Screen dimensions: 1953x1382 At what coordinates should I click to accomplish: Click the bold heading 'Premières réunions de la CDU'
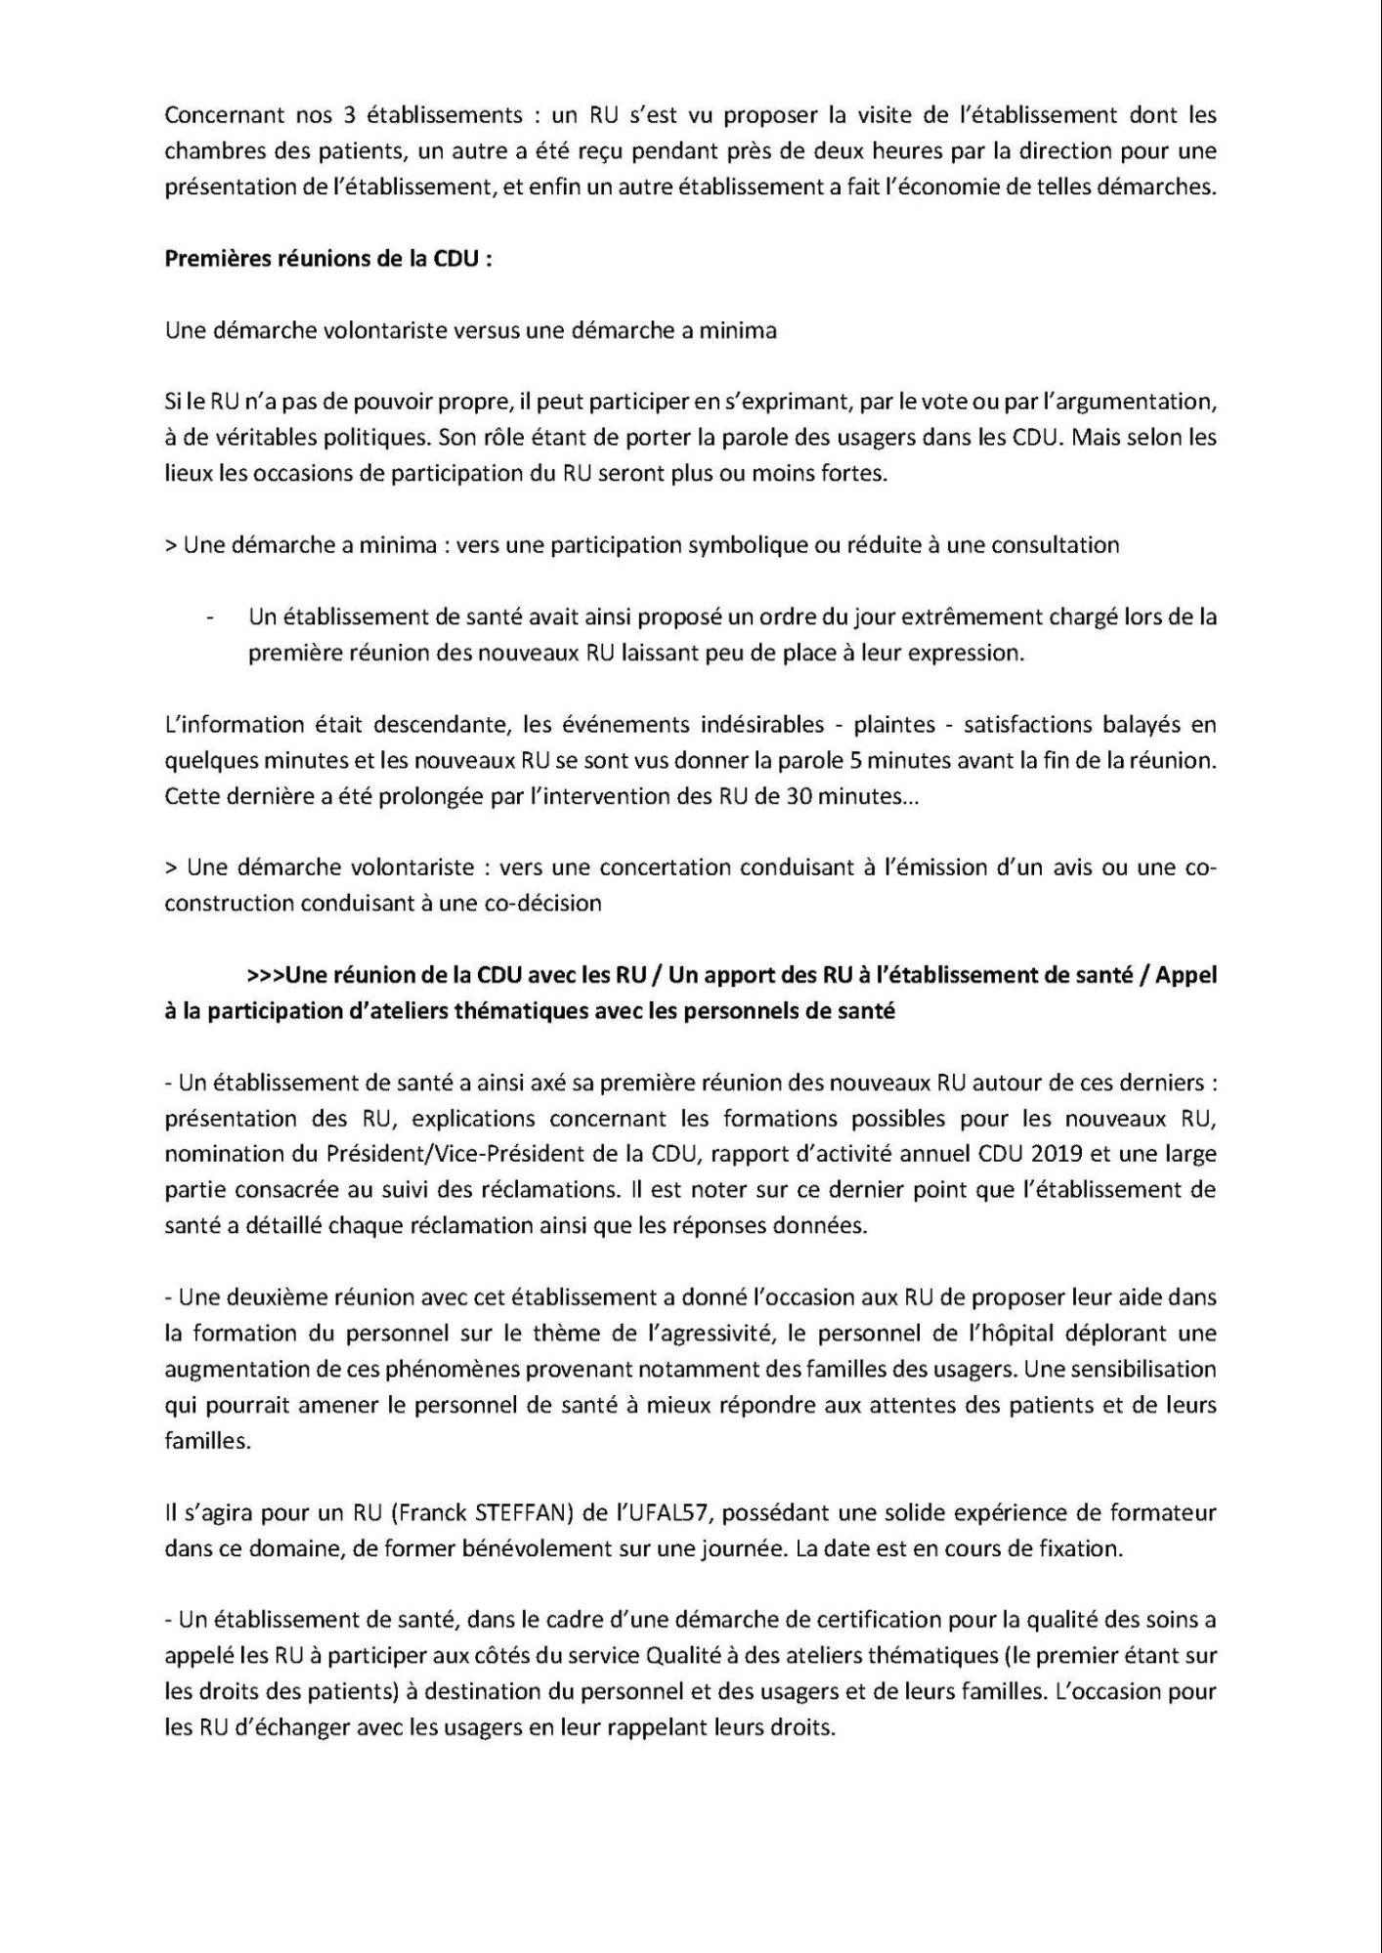327,259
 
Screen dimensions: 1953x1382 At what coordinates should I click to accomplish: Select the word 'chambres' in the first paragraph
207,150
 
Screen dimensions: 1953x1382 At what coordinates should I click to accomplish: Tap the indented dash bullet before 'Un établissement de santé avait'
210,617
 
